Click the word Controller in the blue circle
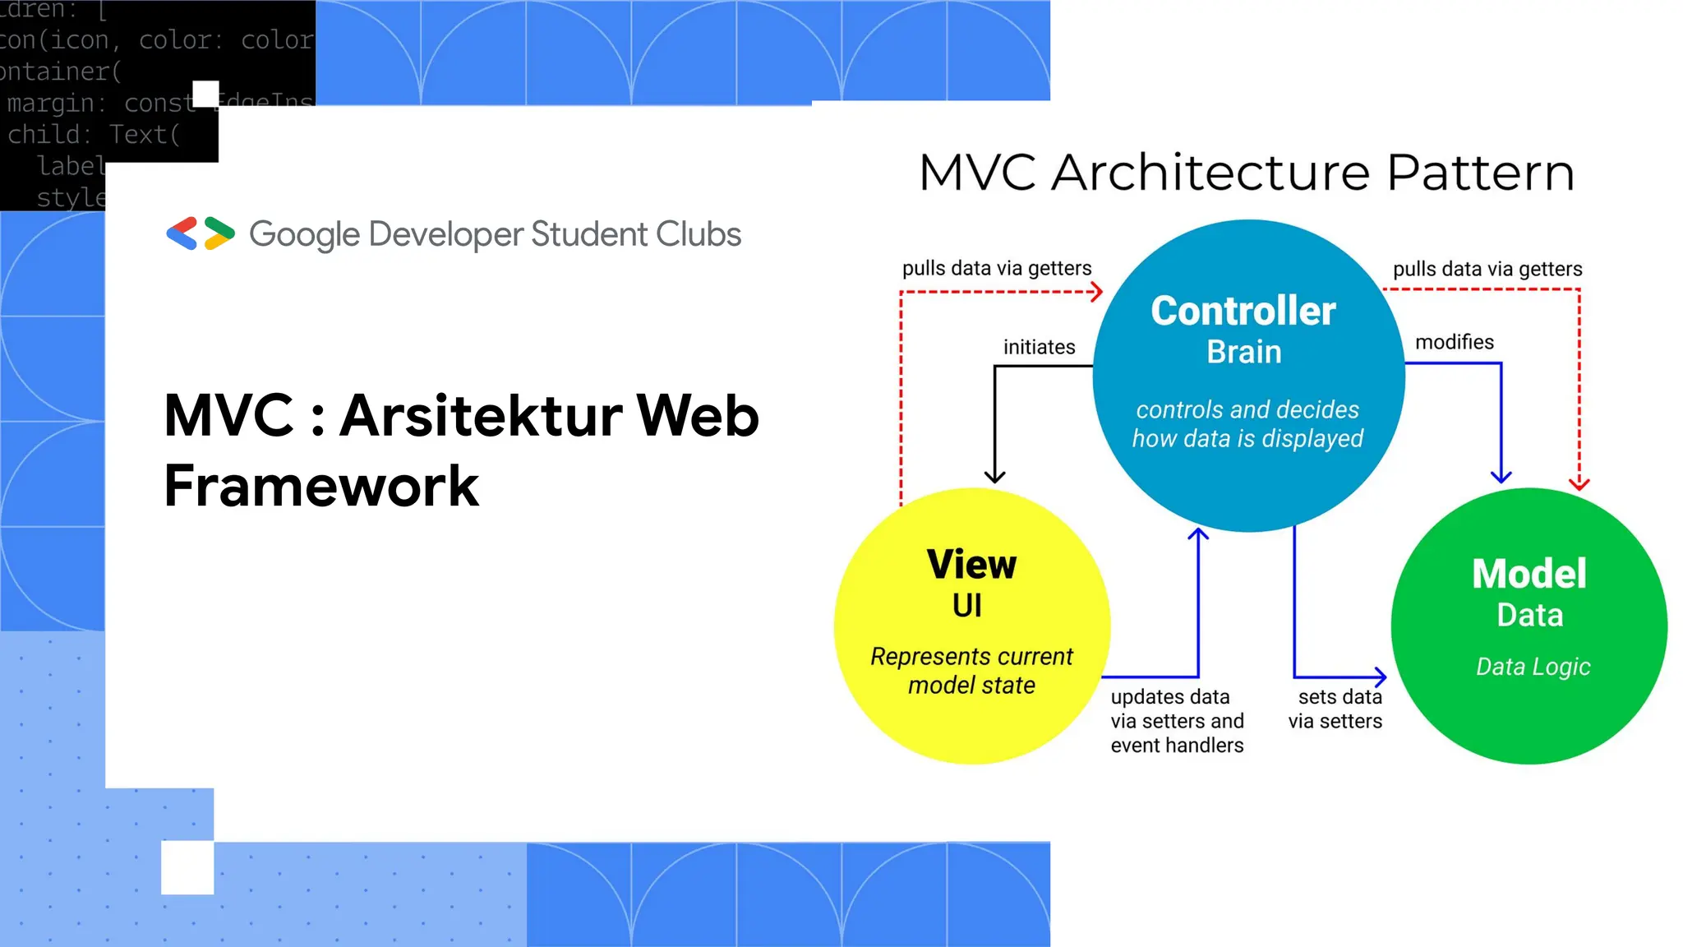(1243, 312)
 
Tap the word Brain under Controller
(1243, 353)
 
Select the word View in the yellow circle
(971, 565)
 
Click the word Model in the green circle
(1529, 574)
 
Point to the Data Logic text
(1533, 667)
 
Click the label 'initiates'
(1039, 347)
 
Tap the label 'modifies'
(1454, 342)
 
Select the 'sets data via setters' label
(1335, 709)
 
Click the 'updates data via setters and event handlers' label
(1177, 721)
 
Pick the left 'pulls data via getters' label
(996, 269)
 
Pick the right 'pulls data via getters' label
(1487, 270)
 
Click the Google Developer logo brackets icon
(201, 233)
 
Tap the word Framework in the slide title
(321, 486)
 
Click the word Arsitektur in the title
(481, 416)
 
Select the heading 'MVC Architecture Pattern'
(1246, 173)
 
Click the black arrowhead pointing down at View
(994, 476)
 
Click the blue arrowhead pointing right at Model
(1381, 677)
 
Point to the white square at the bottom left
(187, 867)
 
